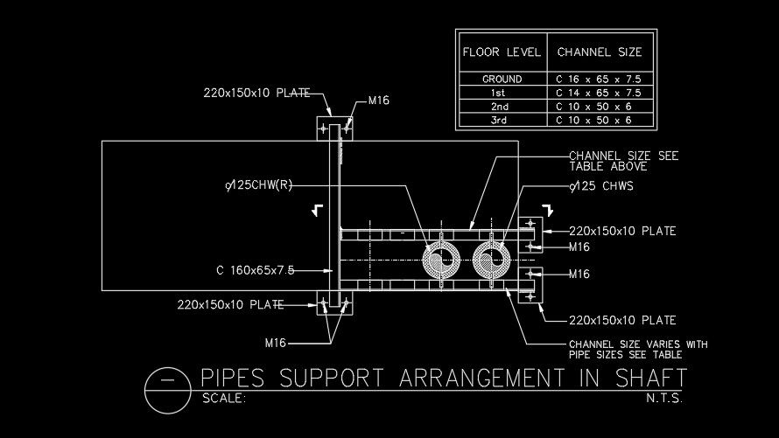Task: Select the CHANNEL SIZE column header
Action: [600, 52]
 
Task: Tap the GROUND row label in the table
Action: [502, 80]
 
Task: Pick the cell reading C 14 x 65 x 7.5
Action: [599, 93]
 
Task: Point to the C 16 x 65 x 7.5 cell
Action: [599, 80]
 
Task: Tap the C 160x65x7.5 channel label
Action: [255, 269]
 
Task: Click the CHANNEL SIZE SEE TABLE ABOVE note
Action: [624, 161]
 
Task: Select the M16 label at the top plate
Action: [378, 101]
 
